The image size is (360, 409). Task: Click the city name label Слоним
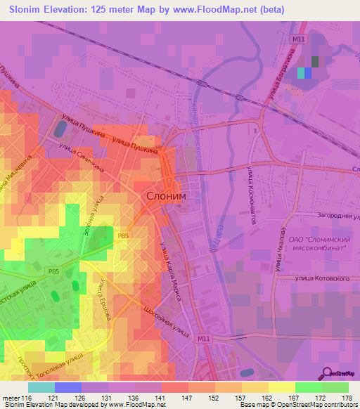coord(167,198)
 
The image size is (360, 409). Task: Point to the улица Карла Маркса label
coord(170,271)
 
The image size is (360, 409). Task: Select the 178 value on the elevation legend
coord(346,398)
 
